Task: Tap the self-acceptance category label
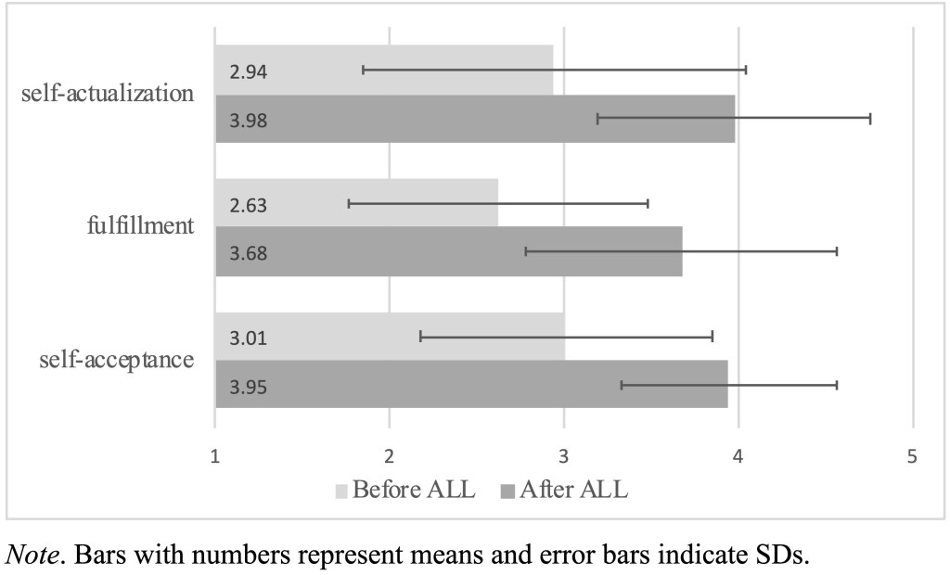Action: pos(118,360)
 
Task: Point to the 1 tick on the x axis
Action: pos(215,456)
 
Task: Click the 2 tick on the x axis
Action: pos(390,456)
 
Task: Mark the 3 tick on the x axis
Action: pos(564,456)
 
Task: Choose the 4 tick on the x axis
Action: pos(738,456)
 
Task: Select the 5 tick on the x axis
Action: pos(913,456)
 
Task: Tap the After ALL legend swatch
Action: pos(507,491)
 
